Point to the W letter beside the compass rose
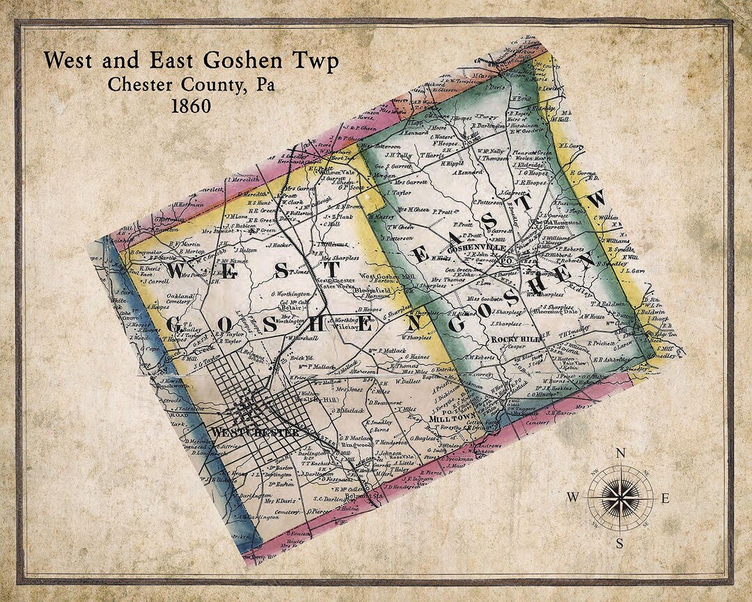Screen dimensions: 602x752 [x=573, y=497]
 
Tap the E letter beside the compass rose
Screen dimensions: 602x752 [x=664, y=497]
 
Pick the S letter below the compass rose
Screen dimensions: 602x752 [x=619, y=543]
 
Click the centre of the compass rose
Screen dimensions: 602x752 [x=619, y=497]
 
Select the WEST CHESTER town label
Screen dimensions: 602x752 [x=256, y=433]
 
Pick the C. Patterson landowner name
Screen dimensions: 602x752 [x=488, y=202]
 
